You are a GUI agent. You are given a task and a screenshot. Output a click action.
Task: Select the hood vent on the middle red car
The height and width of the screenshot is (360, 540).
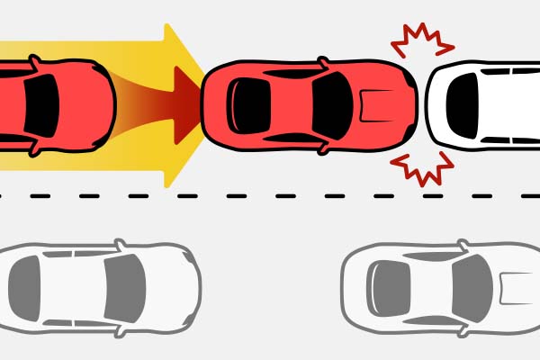tap(372, 106)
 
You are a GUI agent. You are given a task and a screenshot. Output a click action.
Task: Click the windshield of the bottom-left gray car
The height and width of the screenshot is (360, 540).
tap(124, 286)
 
